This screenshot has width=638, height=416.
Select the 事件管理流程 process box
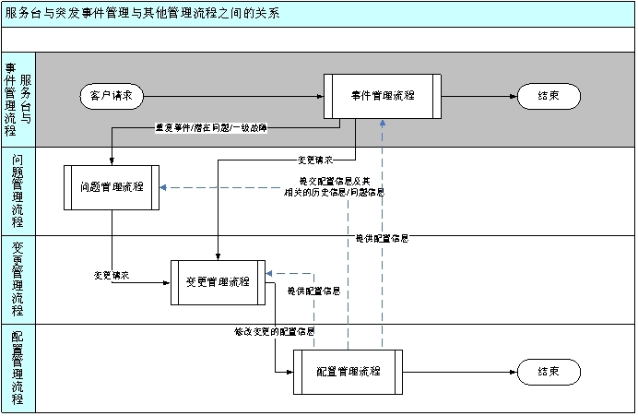tap(382, 95)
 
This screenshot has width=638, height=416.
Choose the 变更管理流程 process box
tap(218, 281)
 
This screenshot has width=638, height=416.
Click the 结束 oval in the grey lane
tap(549, 95)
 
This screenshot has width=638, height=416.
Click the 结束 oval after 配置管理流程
tap(549, 371)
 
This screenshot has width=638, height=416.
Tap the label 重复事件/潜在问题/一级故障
tap(210, 129)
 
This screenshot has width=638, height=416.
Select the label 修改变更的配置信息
tap(275, 331)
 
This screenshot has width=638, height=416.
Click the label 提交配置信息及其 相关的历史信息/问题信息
tap(341, 186)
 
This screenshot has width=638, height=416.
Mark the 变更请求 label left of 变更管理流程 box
tap(112, 274)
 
